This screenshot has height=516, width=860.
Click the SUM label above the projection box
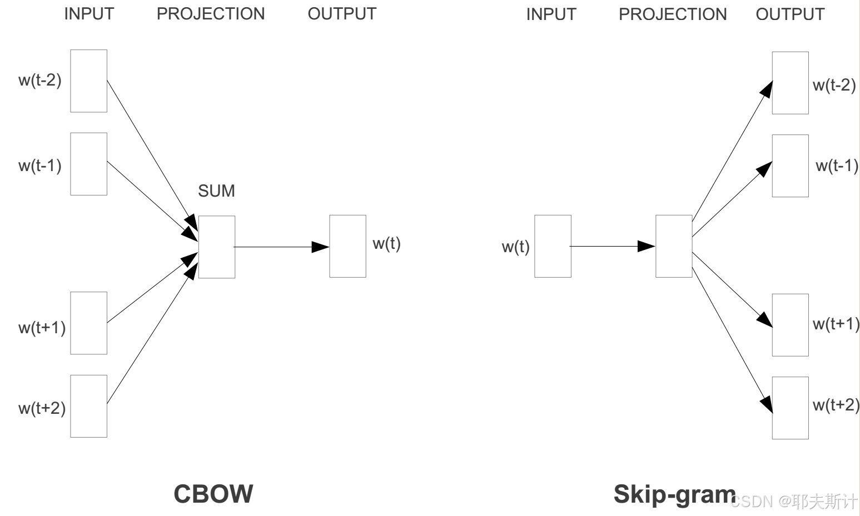coord(216,191)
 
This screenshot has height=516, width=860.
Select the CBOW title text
coord(213,494)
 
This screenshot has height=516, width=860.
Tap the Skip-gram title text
coord(674,494)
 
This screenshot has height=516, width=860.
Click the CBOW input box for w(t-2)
coord(88,81)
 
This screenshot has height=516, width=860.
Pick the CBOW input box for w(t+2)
coord(88,406)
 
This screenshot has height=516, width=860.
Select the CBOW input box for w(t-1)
coord(88,164)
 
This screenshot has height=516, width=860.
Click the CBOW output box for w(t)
coord(347,246)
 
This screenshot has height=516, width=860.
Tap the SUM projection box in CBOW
coord(216,247)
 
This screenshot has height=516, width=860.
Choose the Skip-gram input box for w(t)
coord(553,246)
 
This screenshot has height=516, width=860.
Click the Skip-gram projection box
coord(674,246)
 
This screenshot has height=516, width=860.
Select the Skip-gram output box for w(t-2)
coord(790,83)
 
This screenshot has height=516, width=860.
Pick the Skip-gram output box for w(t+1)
coord(790,325)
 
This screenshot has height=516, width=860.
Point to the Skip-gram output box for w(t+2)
coord(790,408)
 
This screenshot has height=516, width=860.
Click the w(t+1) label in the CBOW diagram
coord(42,327)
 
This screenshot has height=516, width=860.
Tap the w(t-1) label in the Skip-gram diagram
coord(837,166)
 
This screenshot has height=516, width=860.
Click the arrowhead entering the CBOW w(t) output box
coord(321,247)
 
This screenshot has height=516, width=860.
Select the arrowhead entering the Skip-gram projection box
coord(647,246)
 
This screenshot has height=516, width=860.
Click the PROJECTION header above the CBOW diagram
coord(211,14)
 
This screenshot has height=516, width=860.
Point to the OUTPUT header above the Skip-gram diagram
coord(790,14)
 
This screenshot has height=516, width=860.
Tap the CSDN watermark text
coord(794,502)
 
